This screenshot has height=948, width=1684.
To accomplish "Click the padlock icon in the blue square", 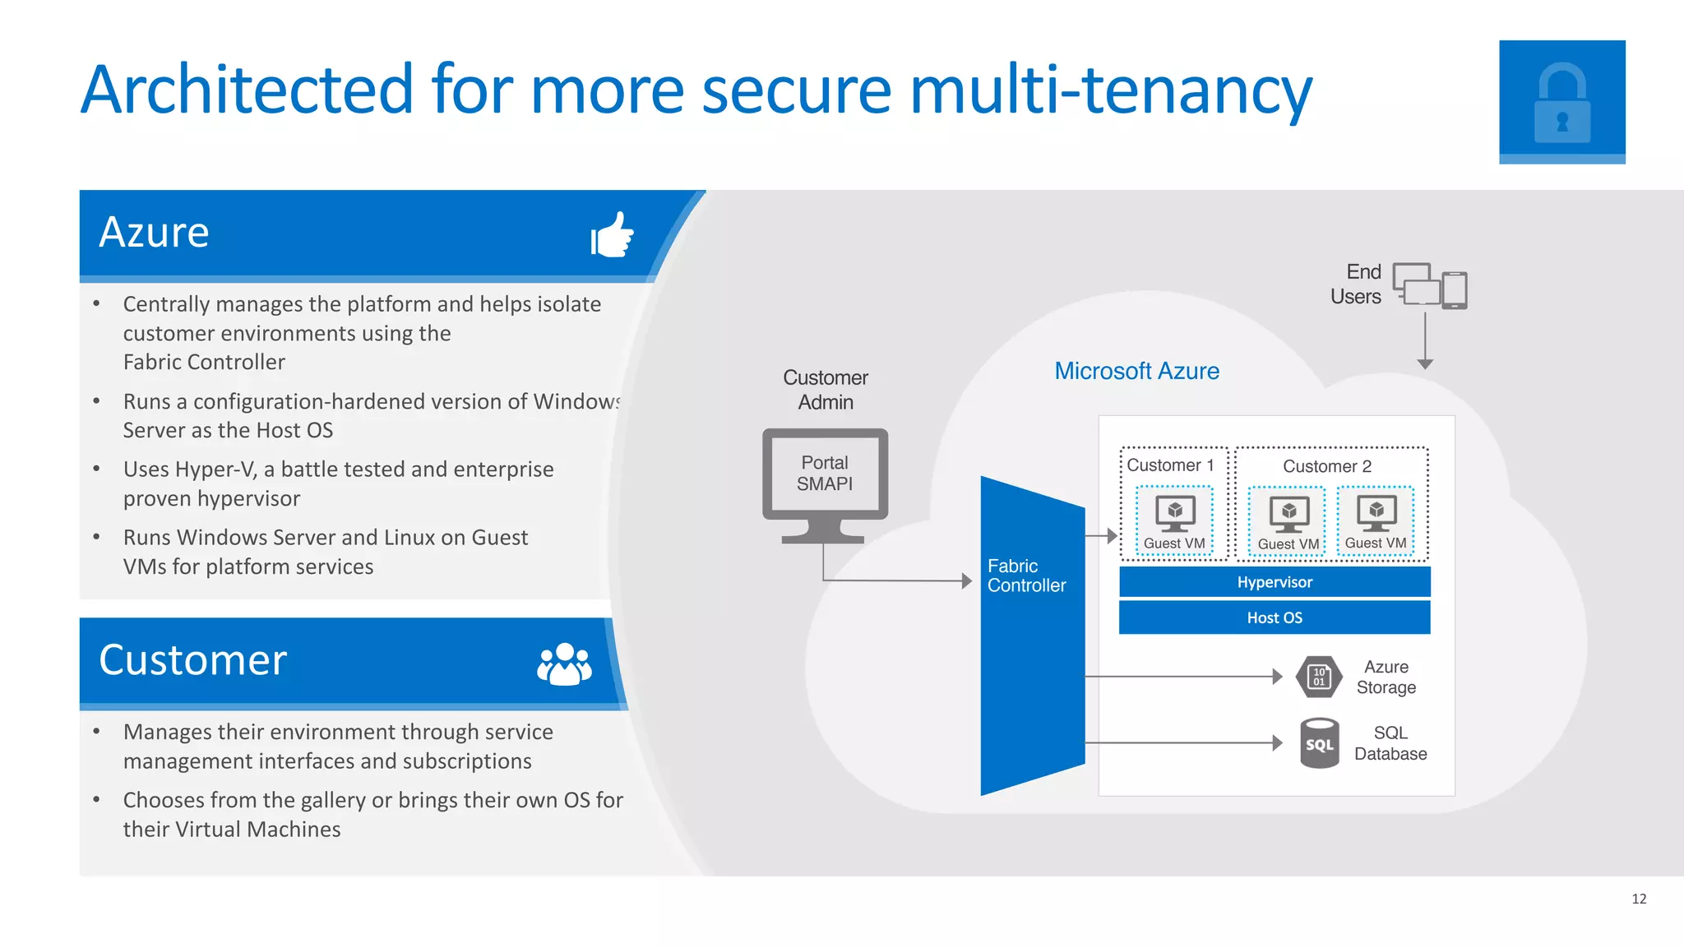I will tap(1561, 103).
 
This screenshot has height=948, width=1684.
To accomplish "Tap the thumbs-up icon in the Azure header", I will tap(613, 235).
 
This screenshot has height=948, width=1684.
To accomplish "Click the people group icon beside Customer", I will tap(564, 664).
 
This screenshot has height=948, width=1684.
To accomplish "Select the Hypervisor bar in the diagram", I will tap(1275, 582).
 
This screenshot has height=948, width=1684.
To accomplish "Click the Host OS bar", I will tap(1275, 617).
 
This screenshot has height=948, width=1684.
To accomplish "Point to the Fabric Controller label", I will tap(1025, 576).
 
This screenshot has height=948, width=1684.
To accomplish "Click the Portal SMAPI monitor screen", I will tap(825, 474).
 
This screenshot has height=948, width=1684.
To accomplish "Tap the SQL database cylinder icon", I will tap(1319, 743).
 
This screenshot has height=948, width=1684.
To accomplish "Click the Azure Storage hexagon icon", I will tap(1319, 677).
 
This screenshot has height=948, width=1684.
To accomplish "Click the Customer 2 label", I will tap(1326, 466).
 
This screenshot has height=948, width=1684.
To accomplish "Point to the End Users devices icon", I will tap(1430, 286).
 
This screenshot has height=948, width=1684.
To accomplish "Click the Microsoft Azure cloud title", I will tap(1136, 371).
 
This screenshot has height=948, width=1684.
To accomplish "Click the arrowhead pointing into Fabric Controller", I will tap(967, 580).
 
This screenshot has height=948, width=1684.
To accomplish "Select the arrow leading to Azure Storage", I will tap(1184, 677).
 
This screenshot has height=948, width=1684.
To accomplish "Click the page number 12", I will tap(1638, 899).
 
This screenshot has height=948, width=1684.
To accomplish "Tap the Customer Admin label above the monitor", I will tap(825, 390).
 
